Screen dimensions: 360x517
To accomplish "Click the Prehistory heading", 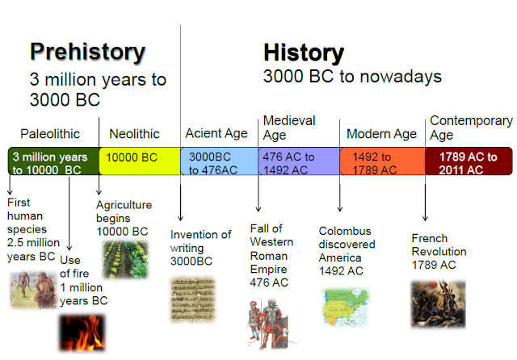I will tap(88, 52).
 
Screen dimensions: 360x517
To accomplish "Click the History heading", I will tap(303, 53).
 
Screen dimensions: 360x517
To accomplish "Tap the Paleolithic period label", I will tap(50, 133).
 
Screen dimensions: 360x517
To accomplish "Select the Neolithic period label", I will tap(134, 133).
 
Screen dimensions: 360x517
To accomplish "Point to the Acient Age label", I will tap(216, 133).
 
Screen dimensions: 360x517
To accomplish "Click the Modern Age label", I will tap(381, 134).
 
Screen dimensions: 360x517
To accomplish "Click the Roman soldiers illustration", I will tap(269, 322).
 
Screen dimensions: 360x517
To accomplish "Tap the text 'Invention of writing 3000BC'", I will tap(200, 248).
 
